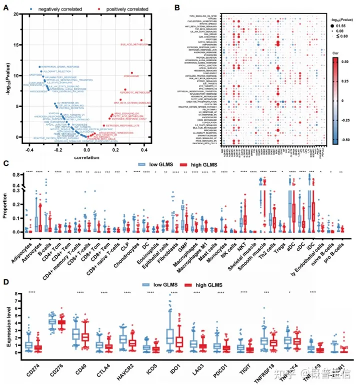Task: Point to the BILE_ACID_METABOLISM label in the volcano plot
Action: tap(135, 45)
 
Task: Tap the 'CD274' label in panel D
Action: tap(28, 371)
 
